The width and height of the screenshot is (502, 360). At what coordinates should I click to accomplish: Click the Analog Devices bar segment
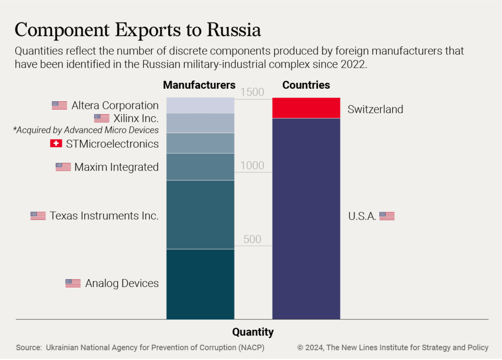pyautogui.click(x=200, y=284)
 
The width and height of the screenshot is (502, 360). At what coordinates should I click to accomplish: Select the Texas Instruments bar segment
pyautogui.click(x=200, y=215)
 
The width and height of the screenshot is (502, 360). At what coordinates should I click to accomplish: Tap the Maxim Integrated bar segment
pyautogui.click(x=200, y=167)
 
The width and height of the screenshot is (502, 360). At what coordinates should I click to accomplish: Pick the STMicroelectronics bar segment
pyautogui.click(x=200, y=143)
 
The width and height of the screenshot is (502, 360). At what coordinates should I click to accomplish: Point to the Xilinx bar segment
pyautogui.click(x=200, y=123)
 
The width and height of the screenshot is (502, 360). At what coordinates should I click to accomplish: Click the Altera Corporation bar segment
pyautogui.click(x=200, y=105)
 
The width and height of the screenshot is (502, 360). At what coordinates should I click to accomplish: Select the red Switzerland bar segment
pyautogui.click(x=306, y=108)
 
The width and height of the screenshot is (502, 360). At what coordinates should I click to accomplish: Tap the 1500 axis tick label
pyautogui.click(x=252, y=92)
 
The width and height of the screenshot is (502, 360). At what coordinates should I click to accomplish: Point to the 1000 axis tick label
pyautogui.click(x=252, y=166)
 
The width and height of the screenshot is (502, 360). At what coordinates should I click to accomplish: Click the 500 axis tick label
pyautogui.click(x=252, y=239)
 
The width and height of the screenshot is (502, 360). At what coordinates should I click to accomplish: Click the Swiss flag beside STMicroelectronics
pyautogui.click(x=56, y=144)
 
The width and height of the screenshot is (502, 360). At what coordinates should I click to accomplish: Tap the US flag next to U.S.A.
pyautogui.click(x=387, y=216)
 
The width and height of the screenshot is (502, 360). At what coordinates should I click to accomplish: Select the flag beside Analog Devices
pyautogui.click(x=73, y=283)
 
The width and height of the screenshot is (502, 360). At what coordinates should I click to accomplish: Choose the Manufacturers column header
pyautogui.click(x=199, y=85)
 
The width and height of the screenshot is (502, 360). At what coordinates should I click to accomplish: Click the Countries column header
pyautogui.click(x=306, y=85)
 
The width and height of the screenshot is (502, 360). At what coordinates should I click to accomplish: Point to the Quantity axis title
pyautogui.click(x=253, y=332)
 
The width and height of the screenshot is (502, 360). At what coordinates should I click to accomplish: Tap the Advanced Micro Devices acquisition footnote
pyautogui.click(x=86, y=130)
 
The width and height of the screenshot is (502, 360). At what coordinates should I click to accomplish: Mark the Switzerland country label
pyautogui.click(x=375, y=109)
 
